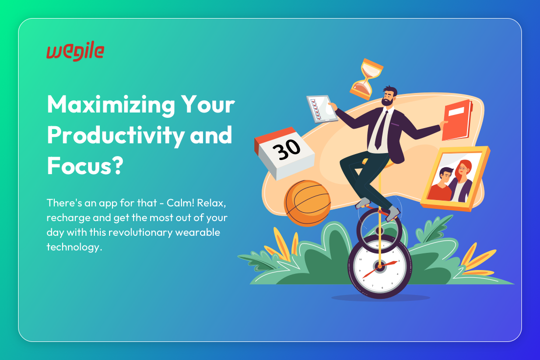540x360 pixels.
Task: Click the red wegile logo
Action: (75, 52)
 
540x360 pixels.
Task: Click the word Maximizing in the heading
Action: (111, 105)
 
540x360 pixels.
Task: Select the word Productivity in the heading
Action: (116, 135)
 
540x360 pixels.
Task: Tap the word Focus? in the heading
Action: (85, 165)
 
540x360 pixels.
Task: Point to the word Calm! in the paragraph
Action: (180, 202)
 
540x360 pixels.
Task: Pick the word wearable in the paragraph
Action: (197, 232)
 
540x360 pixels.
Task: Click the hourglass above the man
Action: (366, 79)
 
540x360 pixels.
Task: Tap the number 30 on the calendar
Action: (287, 149)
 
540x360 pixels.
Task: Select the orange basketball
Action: (307, 203)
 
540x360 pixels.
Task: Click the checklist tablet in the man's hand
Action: (322, 109)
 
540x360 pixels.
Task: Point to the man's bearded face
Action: (388, 97)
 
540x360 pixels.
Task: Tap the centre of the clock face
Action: (380, 267)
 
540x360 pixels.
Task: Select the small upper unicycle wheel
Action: (379, 228)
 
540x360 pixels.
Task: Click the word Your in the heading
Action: (208, 105)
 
